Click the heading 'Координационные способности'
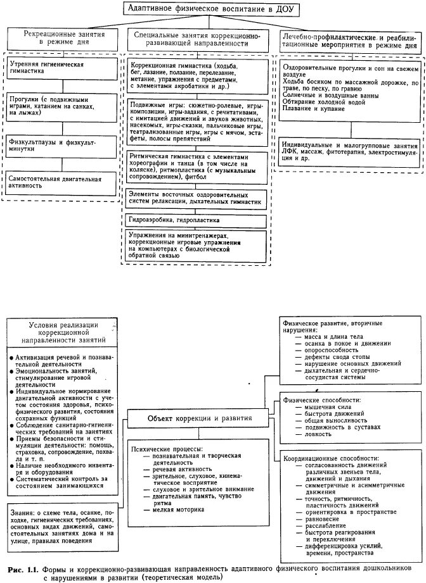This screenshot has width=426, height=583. point(332,457)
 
